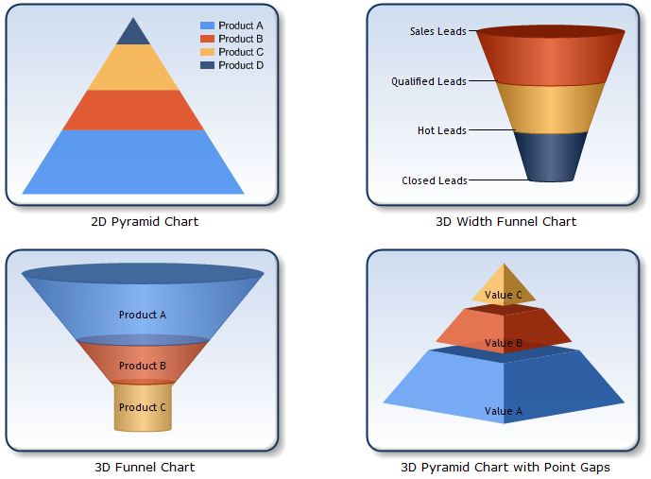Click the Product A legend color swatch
click(207, 26)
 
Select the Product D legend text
click(241, 65)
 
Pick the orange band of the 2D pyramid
click(133, 110)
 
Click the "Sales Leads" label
click(437, 31)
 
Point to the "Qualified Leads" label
click(429, 81)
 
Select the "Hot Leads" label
click(441, 130)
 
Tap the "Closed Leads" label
click(434, 180)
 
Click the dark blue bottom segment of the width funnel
click(553, 156)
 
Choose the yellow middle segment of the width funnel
click(551, 107)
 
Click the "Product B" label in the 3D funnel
click(143, 366)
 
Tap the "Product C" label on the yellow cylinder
click(143, 407)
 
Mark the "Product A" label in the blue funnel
click(143, 315)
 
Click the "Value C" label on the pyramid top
click(504, 295)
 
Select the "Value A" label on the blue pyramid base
click(504, 411)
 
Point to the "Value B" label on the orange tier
click(504, 343)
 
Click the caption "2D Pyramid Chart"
click(145, 222)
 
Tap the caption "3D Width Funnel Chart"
click(505, 222)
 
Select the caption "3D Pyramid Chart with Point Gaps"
click(505, 467)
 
